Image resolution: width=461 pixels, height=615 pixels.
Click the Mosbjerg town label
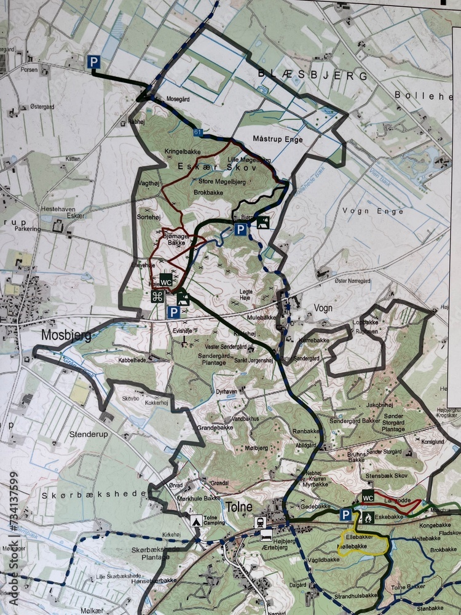66,336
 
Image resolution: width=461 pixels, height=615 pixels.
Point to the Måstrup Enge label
278,140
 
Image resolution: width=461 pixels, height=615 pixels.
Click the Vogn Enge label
373,212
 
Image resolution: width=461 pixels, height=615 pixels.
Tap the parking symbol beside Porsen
93,61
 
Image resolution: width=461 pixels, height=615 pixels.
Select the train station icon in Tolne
261,522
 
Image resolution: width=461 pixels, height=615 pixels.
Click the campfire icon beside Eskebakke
368,517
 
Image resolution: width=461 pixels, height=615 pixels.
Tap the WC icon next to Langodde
368,498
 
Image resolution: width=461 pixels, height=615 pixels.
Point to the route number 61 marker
197,132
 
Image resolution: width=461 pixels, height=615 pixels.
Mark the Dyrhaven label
227,390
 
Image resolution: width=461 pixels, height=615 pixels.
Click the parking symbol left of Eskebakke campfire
347,515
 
